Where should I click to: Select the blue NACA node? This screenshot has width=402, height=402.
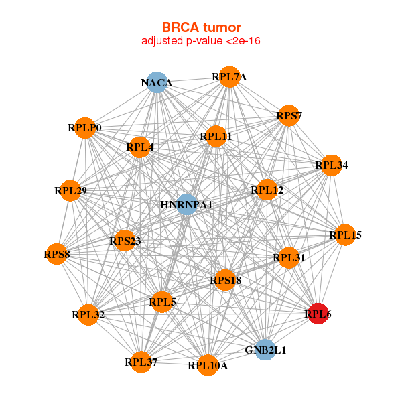point(157,82)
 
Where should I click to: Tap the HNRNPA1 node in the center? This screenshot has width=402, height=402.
point(186,204)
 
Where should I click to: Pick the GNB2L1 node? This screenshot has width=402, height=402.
point(265,350)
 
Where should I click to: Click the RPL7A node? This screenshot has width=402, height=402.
point(229,76)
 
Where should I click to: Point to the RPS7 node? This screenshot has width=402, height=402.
point(289,116)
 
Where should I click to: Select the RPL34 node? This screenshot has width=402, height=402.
point(331,165)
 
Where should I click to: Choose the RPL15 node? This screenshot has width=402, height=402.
point(345,234)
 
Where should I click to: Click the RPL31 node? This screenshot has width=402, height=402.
point(289,257)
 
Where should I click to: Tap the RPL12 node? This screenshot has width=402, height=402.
point(267,190)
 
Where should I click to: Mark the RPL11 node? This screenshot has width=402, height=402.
point(216,137)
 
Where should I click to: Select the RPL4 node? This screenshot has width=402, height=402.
point(139,147)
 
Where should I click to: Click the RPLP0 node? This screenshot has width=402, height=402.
point(85,127)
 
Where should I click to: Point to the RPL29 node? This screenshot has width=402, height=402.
point(70,191)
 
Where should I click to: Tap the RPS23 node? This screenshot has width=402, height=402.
point(125,240)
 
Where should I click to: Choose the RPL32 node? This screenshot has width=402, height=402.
point(88,314)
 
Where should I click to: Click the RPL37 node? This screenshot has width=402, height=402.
point(141,362)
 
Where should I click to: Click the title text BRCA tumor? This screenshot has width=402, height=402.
point(201,27)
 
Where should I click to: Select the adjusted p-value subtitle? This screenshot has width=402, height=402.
point(201,41)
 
